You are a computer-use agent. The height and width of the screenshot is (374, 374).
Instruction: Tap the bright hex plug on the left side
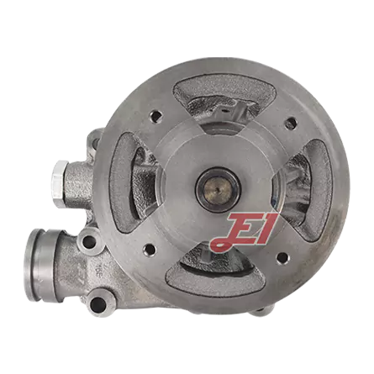click(61, 184)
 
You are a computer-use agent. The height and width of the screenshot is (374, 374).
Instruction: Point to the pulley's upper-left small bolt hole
click(155, 115)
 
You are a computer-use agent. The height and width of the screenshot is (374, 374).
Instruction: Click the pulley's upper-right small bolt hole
click(290, 123)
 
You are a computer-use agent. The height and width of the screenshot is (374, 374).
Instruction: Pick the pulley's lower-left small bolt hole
click(149, 249)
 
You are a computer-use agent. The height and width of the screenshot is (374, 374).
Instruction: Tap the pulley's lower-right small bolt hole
click(282, 258)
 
